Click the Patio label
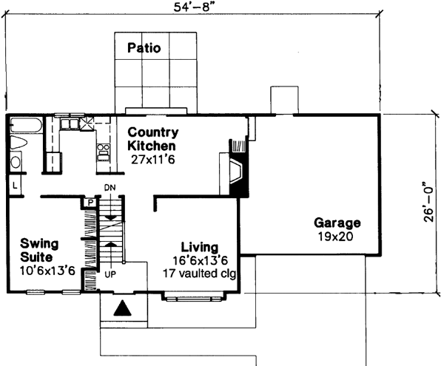[144, 49]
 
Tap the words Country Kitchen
[152, 139]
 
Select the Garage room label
[337, 223]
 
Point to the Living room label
[199, 246]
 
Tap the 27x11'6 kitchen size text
[152, 158]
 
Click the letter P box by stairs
[89, 201]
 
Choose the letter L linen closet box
[15, 183]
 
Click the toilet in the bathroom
[19, 143]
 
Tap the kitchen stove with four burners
[103, 152]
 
